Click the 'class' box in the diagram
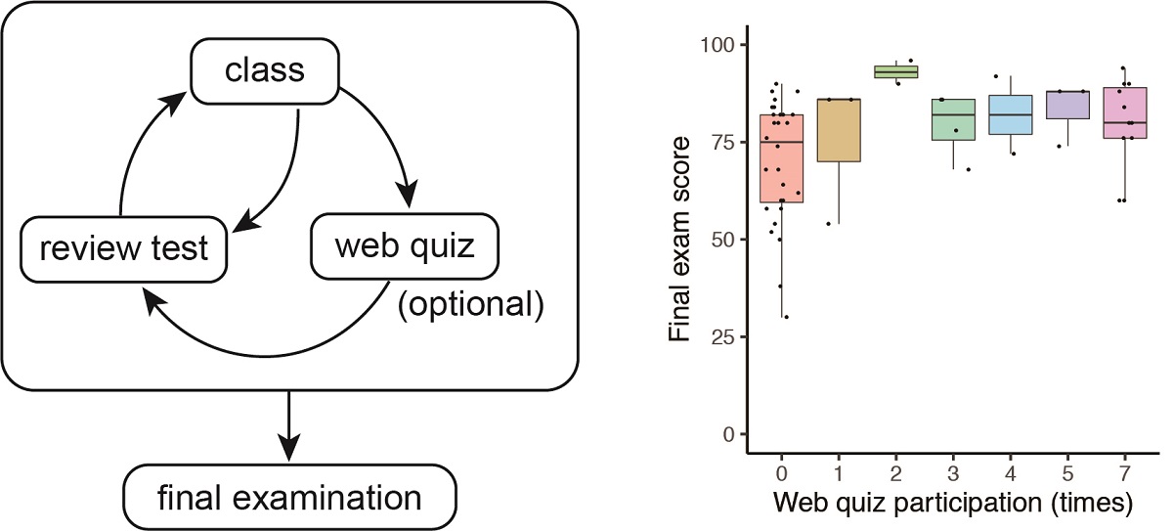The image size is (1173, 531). (265, 71)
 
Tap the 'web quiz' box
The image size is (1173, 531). (405, 246)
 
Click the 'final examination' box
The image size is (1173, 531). (289, 497)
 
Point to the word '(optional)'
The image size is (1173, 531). (469, 305)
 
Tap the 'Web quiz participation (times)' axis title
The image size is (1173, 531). (953, 504)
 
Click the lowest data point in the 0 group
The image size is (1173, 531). (786, 317)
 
